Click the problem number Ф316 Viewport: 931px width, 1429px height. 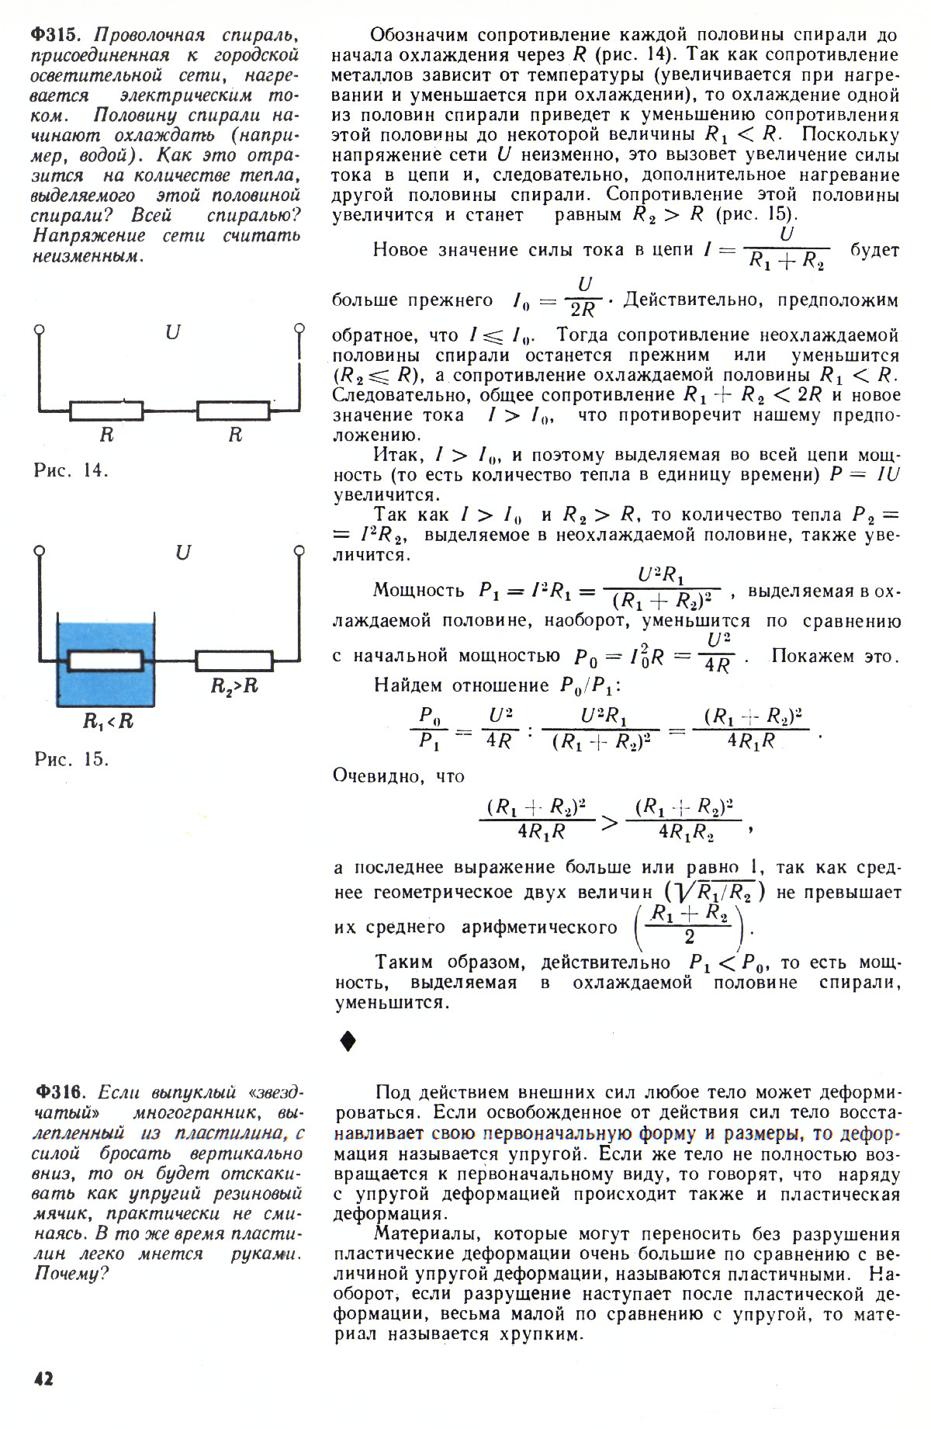pyautogui.click(x=59, y=1093)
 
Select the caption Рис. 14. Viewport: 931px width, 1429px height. pyautogui.click(x=71, y=470)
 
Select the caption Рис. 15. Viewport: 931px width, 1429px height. pyautogui.click(x=71, y=759)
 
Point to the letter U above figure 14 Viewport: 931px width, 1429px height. pyautogui.click(x=172, y=333)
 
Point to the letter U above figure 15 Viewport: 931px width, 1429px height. pyautogui.click(x=183, y=553)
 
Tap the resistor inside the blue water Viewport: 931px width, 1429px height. pyautogui.click(x=106, y=661)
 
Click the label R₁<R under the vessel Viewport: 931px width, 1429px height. pyautogui.click(x=108, y=721)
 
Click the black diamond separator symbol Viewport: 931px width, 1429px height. pyautogui.click(x=348, y=1041)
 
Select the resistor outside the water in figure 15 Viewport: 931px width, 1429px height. pyautogui.click(x=234, y=661)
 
